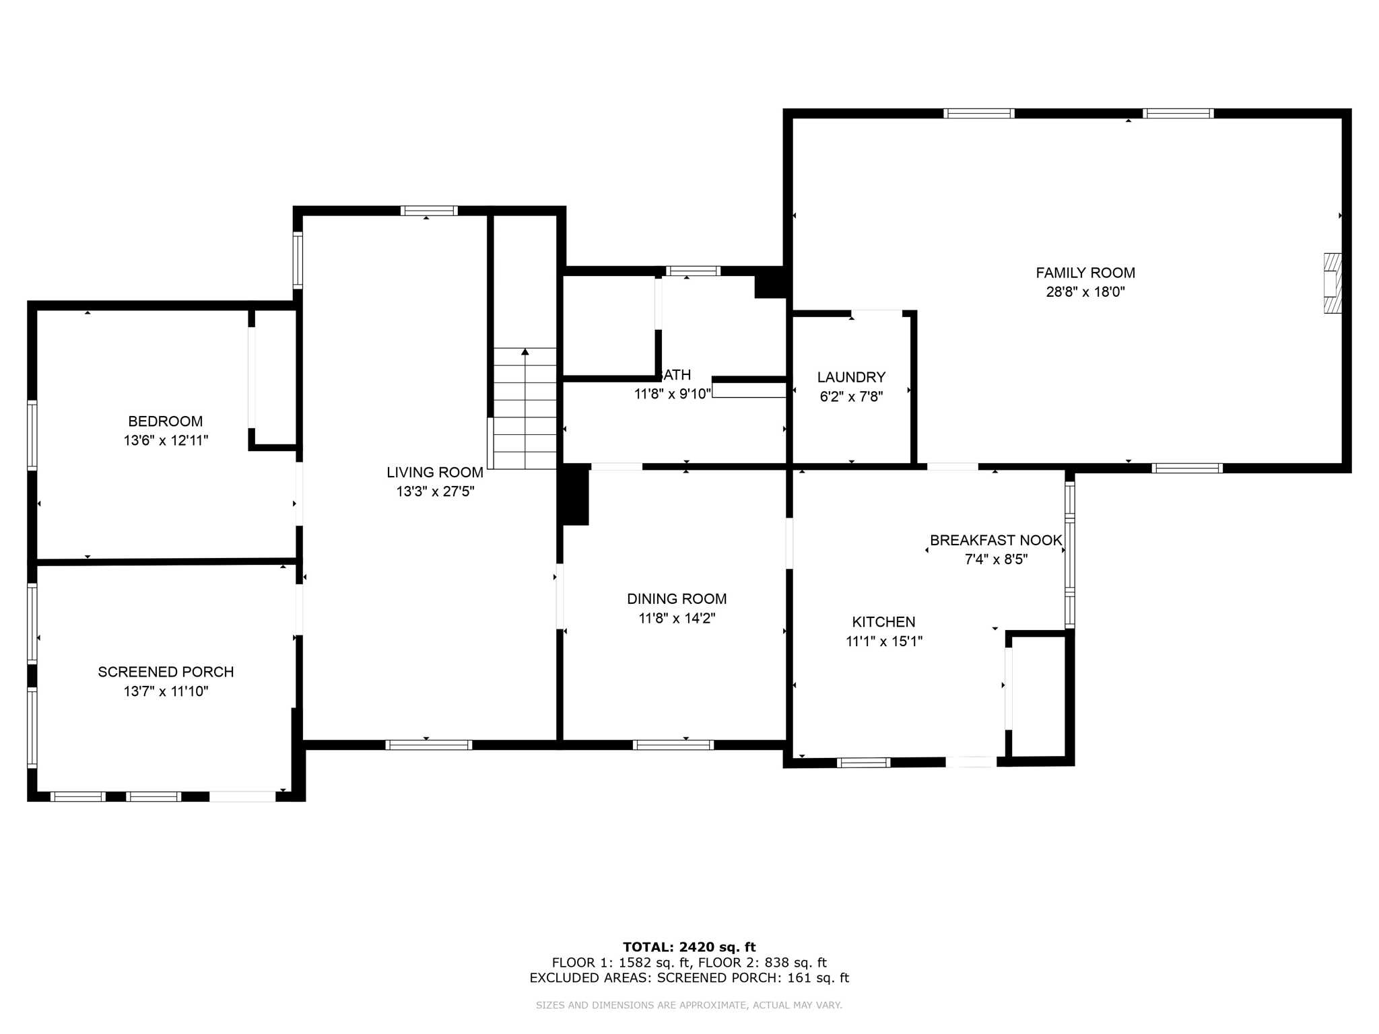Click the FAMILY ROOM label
1085,273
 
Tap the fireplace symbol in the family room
1332,283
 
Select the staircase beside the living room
525,409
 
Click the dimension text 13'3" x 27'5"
435,491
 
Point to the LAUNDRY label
851,377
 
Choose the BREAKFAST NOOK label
995,540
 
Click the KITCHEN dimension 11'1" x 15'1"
883,641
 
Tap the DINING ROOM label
677,598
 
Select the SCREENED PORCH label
166,671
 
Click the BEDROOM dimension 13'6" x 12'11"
166,440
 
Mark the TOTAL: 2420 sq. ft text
689,947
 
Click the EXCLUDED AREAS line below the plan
689,977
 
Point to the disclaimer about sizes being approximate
689,1005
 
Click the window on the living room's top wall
429,211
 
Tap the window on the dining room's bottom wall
673,745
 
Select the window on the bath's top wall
693,271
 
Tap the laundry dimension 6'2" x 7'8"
851,397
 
